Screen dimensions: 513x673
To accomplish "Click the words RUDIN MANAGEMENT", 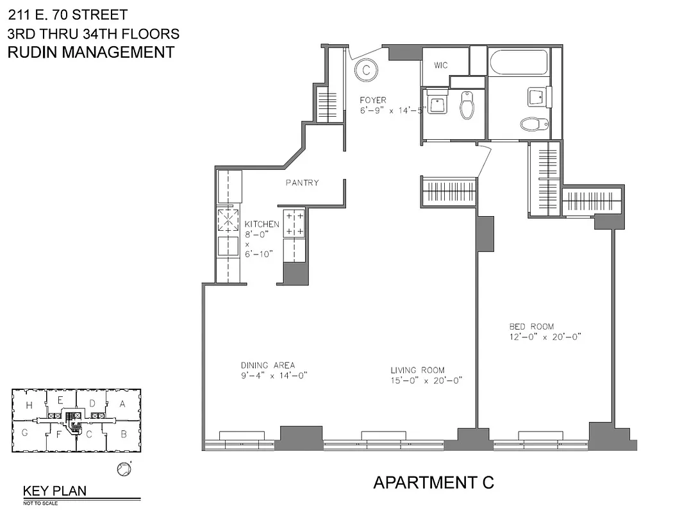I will click(x=90, y=53).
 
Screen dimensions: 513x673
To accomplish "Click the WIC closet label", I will click(x=441, y=65).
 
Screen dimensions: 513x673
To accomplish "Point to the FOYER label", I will click(x=372, y=100).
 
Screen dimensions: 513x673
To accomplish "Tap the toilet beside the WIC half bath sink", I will click(x=467, y=106).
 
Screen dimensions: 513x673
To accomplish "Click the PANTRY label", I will click(x=302, y=183).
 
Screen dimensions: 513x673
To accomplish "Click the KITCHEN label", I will click(x=262, y=224).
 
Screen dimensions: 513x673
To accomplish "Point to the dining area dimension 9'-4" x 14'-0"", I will click(x=270, y=376).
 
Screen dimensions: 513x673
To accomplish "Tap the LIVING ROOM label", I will click(x=418, y=370).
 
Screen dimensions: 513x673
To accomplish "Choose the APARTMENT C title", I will click(x=433, y=482).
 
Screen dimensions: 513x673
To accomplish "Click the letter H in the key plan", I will click(x=29, y=405).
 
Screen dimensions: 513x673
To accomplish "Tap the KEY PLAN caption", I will click(x=54, y=491).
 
